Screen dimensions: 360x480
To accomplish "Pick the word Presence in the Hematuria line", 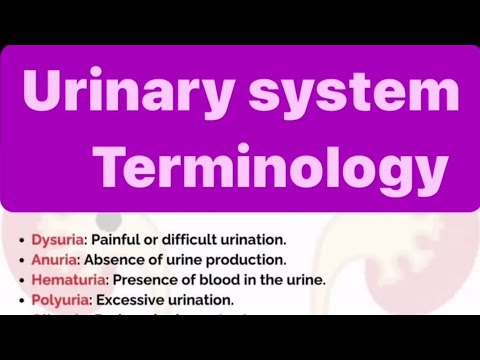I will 232,280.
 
